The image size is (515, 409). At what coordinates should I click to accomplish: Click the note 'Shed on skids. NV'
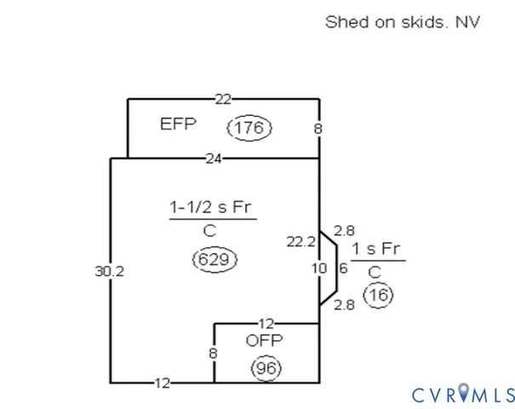pyautogui.click(x=403, y=21)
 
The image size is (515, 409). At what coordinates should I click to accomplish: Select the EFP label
pyautogui.click(x=178, y=124)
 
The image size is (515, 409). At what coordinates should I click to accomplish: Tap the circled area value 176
pyautogui.click(x=249, y=129)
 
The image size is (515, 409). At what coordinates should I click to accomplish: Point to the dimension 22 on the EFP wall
pyautogui.click(x=222, y=100)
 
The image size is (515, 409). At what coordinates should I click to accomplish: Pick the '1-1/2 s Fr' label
pyautogui.click(x=213, y=207)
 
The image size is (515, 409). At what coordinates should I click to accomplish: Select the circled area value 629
pyautogui.click(x=215, y=258)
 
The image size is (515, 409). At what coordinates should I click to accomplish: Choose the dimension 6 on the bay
pyautogui.click(x=343, y=268)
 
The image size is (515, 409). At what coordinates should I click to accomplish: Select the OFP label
pyautogui.click(x=264, y=341)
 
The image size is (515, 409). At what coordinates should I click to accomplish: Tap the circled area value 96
pyautogui.click(x=266, y=369)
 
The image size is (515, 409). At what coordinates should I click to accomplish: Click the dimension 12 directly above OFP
pyautogui.click(x=265, y=324)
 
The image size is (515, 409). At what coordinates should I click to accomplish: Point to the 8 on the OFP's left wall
pyautogui.click(x=214, y=352)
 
